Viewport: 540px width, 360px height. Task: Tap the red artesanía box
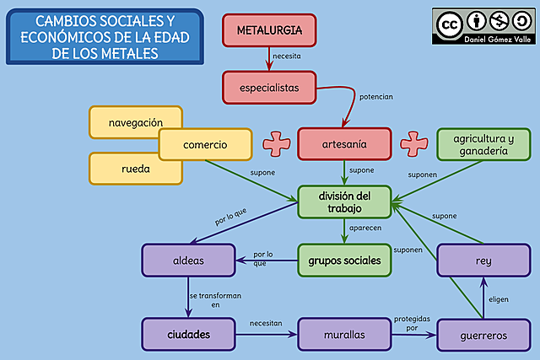coord(344,144)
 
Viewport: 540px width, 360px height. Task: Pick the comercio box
coord(205,145)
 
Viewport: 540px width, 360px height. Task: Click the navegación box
coord(136,122)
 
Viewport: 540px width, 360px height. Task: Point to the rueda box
coord(136,168)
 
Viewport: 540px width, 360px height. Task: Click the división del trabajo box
coord(344,202)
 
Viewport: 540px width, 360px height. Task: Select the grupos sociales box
coord(344,261)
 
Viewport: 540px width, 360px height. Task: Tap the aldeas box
coord(187,261)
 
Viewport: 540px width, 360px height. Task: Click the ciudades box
coord(188,335)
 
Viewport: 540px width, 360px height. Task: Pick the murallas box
coord(344,335)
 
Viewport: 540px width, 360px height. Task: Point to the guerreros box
coord(483,335)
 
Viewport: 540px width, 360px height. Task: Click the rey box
coord(483,261)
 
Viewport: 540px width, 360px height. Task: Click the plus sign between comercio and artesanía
coord(275,144)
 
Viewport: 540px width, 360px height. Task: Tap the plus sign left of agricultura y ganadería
coord(413,143)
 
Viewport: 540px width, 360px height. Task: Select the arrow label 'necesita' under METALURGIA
coord(285,56)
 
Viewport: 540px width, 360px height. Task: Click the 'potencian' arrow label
coord(376,97)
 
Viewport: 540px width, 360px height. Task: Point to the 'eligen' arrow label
coord(499,298)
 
